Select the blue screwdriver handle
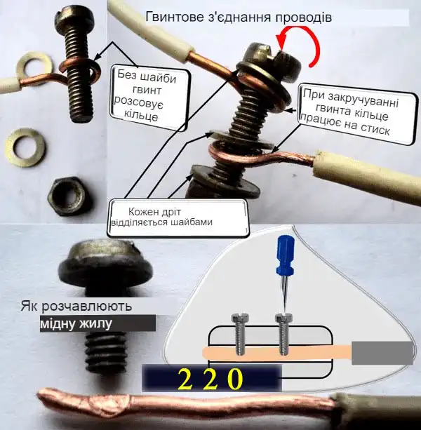pos(286,255)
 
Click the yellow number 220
pos(210,379)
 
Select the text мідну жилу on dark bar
pos(76,324)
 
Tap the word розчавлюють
pos(87,307)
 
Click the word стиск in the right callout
pos(375,130)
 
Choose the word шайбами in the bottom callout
pos(192,222)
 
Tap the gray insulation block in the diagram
pos(382,353)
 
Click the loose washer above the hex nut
pos(26,147)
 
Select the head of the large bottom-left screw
pos(105,264)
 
